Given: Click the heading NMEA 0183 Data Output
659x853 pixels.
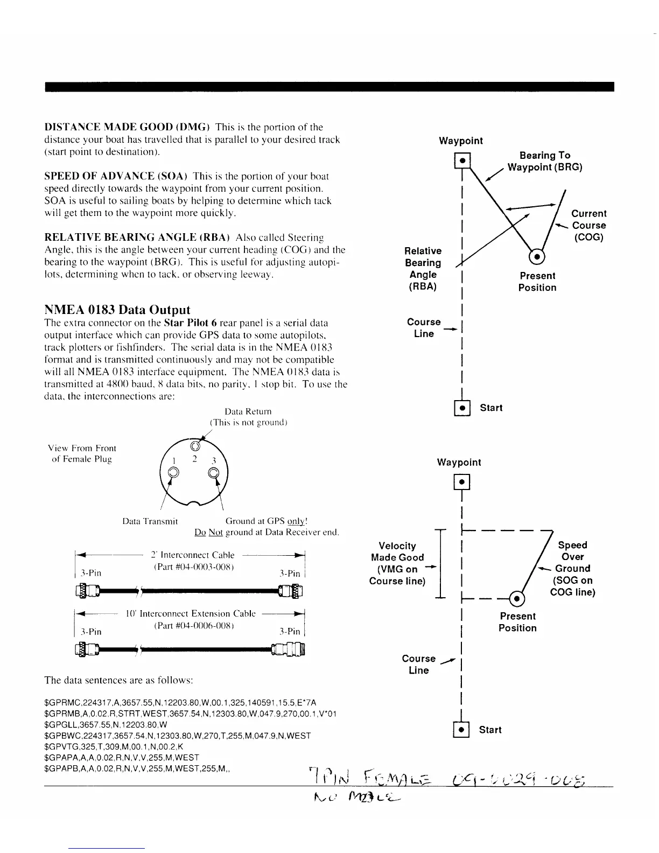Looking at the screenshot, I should pos(117,310).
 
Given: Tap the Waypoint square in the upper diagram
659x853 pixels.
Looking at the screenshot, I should pos(462,160).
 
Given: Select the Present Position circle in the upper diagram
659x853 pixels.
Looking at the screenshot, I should pos(537,256).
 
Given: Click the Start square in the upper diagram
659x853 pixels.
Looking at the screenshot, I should pos(462,408).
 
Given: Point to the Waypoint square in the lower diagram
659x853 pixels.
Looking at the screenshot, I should pos(462,482).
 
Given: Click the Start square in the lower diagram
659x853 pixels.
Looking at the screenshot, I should pos(462,730).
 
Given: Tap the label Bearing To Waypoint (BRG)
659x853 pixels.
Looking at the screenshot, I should pos(544,161).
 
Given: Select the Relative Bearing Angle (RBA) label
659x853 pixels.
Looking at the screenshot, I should pos(423,268).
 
